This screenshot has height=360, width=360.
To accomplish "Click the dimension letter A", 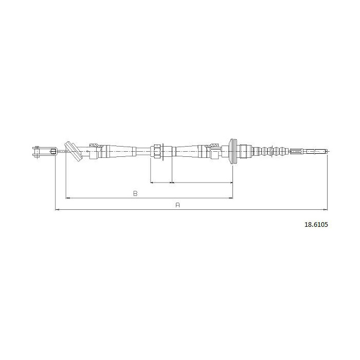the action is tap(177, 205).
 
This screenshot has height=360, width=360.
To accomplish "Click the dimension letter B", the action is tap(135, 193).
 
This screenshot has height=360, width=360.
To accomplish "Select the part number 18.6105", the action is tap(316, 225).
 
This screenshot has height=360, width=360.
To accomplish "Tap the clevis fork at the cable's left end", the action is tap(45, 152).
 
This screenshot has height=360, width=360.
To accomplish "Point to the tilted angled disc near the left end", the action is tap(73, 152).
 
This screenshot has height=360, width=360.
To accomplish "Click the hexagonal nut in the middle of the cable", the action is tap(157, 151).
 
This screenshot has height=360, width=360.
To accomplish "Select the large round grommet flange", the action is tap(233, 151).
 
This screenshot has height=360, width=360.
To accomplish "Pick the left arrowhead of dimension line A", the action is tap(57, 210).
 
